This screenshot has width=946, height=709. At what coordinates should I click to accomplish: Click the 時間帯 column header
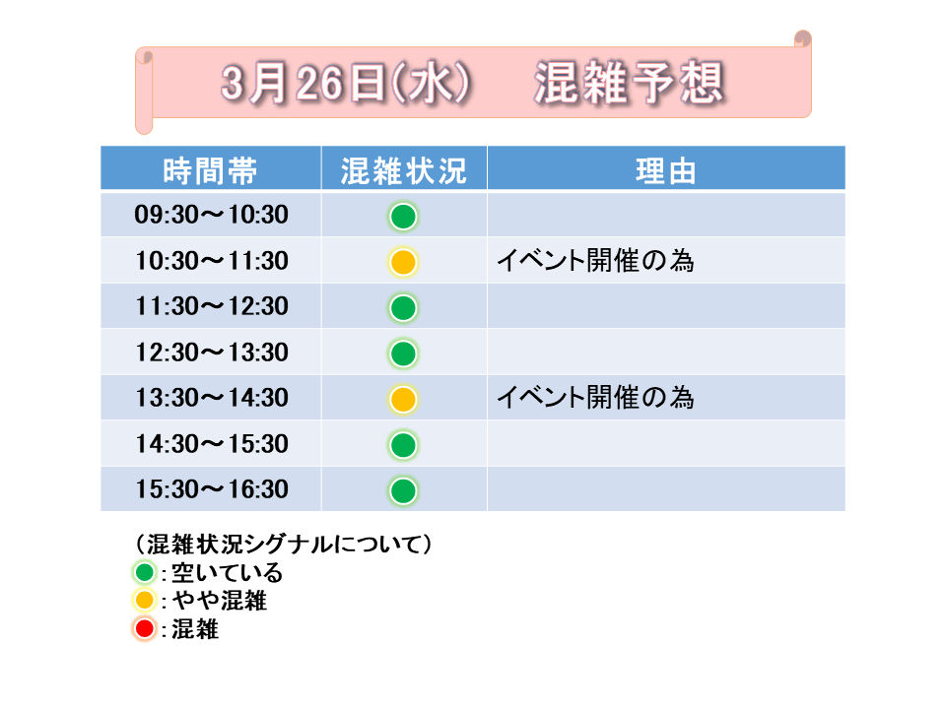tap(210, 170)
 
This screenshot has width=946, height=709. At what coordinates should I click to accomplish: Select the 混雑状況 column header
tap(404, 170)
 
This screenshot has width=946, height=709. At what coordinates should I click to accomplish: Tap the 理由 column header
tap(666, 170)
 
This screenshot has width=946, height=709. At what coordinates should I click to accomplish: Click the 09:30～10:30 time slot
tap(211, 215)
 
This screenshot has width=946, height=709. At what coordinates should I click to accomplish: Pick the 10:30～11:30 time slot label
tap(211, 260)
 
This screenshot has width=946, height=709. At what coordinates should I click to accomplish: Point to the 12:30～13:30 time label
tap(211, 353)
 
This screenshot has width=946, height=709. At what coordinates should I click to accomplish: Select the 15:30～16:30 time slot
tap(211, 489)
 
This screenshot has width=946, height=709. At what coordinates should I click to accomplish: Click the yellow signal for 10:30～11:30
tap(403, 262)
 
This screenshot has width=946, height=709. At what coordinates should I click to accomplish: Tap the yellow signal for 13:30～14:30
tap(403, 399)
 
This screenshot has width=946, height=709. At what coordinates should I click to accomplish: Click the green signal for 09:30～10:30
tap(403, 217)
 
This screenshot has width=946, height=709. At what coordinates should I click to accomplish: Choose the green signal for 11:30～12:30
tap(403, 308)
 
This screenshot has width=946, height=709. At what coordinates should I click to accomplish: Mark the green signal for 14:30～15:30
tap(403, 445)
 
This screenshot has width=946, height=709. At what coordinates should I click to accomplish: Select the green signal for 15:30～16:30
tap(403, 490)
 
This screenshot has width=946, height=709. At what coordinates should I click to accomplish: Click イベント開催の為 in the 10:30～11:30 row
tap(595, 260)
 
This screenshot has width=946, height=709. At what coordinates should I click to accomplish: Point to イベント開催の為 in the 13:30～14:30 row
tap(595, 397)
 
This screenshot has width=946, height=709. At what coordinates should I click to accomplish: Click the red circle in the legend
tap(144, 629)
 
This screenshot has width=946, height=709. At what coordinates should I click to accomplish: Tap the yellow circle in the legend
tap(144, 601)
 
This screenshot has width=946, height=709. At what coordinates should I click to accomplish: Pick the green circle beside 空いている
tap(144, 572)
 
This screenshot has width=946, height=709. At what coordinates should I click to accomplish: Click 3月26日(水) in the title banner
tap(346, 83)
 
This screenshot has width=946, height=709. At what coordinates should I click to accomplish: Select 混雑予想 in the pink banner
tap(630, 83)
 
